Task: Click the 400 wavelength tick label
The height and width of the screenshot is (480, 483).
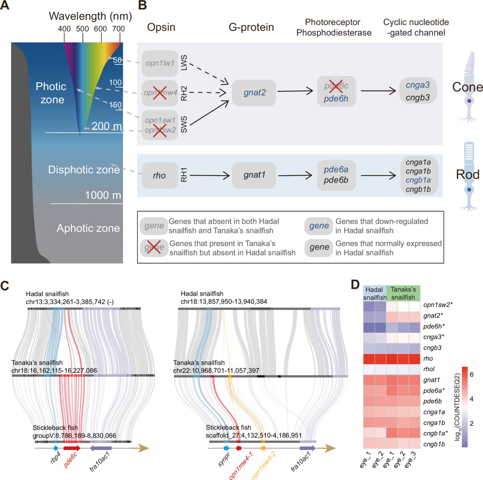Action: point(64,29)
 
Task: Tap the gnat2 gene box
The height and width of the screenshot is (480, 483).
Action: point(254,93)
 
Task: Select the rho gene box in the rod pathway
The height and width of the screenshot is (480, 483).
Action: point(160,176)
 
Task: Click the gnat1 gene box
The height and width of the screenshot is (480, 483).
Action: point(254,175)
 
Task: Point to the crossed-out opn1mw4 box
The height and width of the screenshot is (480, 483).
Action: point(160,93)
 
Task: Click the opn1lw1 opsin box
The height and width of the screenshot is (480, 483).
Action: point(160,63)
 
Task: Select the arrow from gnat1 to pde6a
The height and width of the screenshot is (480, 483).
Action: point(295,175)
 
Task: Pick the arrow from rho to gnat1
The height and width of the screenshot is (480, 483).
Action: point(210,175)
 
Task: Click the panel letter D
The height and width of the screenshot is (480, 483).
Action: point(355,285)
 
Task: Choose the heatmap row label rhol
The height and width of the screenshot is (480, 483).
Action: point(429,369)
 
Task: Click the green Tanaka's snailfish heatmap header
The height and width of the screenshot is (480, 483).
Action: point(403,293)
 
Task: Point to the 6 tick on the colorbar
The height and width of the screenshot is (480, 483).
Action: point(472,374)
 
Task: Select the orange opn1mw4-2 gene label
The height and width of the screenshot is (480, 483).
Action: point(263,466)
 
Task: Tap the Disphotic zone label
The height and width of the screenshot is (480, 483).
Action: point(84,170)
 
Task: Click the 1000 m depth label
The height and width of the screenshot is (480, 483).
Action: point(103,195)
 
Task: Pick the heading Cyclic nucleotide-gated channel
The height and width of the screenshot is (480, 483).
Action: point(416,27)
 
